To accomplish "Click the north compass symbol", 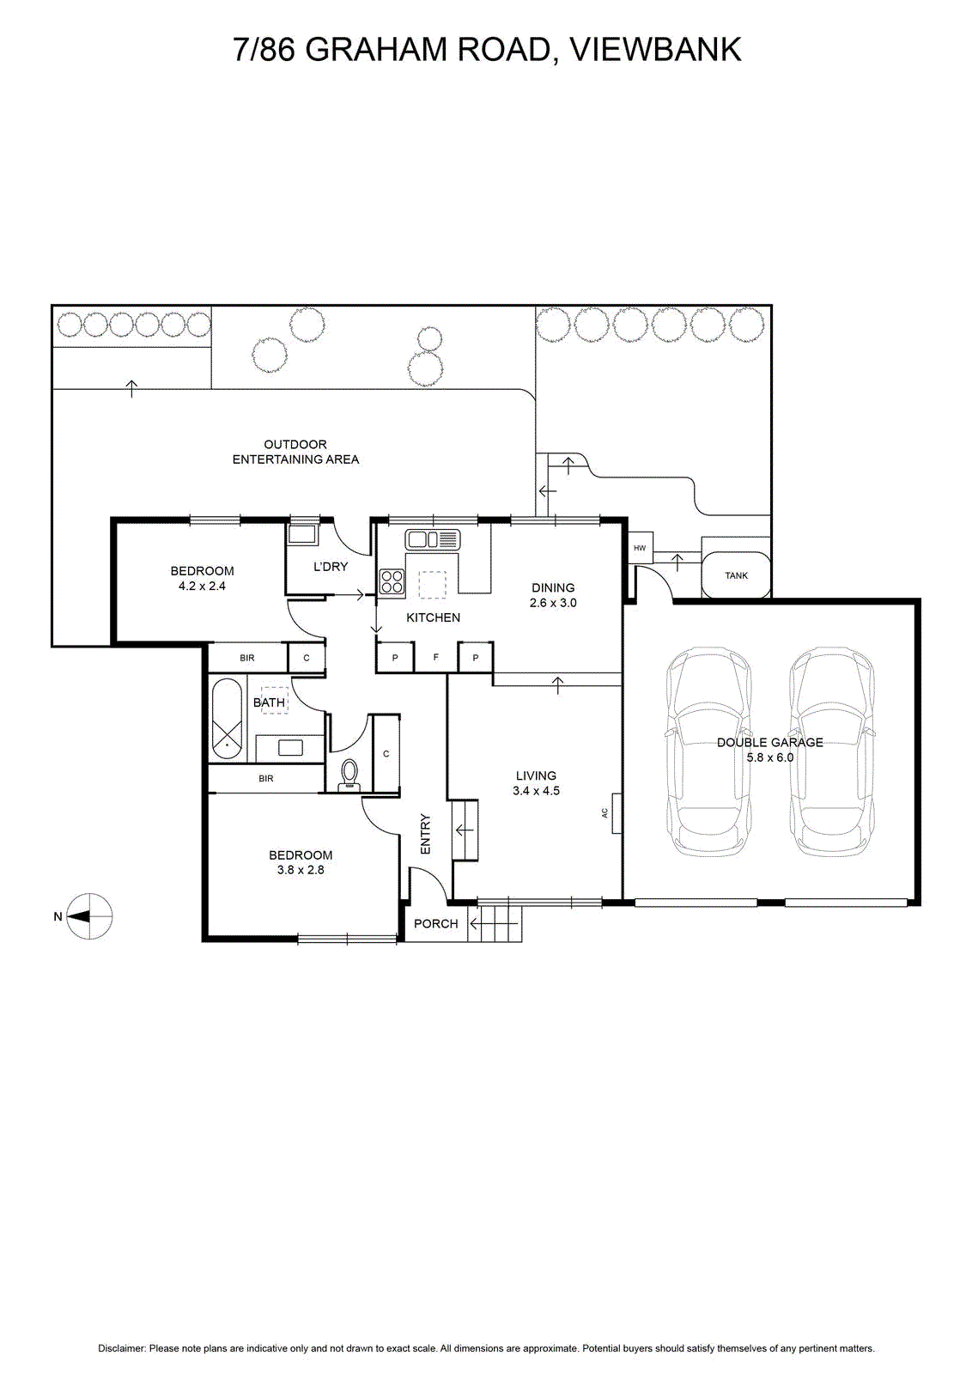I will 89,916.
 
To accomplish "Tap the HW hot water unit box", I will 640,548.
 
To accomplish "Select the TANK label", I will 736,575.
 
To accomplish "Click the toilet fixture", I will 349,773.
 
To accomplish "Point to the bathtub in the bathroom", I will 228,719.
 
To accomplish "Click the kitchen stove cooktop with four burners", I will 392,581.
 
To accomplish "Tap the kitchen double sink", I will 434,539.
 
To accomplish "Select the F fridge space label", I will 436,658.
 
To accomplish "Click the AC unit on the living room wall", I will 605,812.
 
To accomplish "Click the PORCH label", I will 436,923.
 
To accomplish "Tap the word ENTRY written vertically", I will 425,833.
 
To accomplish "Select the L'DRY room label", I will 331,567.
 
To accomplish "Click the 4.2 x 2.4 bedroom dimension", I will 202,586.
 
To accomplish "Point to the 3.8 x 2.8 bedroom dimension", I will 301,870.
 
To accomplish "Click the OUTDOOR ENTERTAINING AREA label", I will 295,452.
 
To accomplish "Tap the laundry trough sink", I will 302,534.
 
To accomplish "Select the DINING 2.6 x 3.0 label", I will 553,595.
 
